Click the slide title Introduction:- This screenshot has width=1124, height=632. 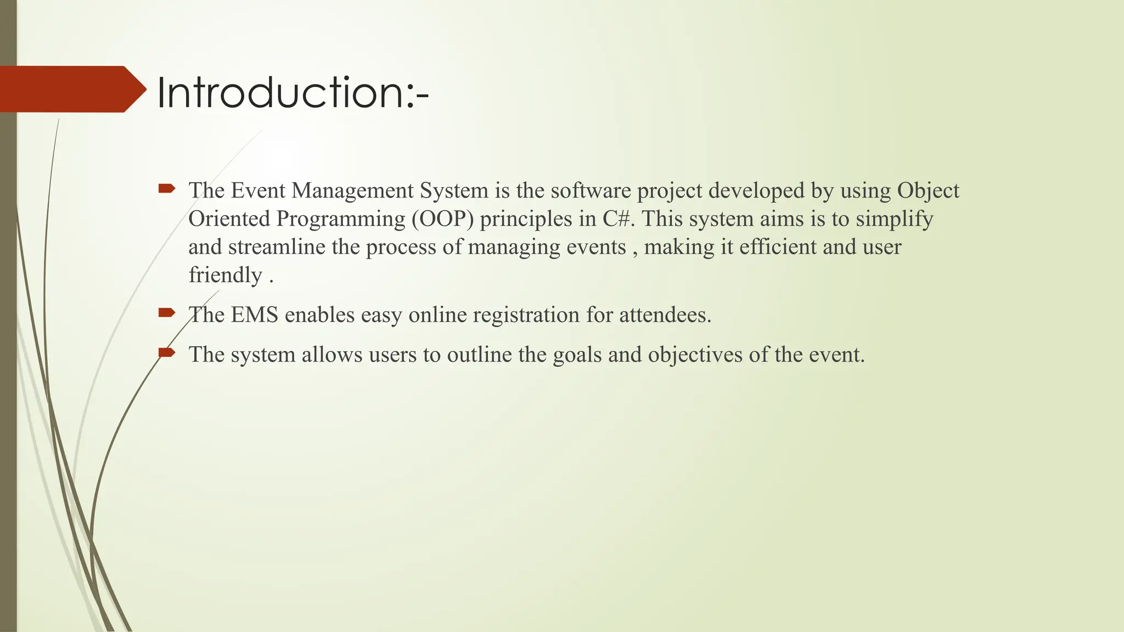coord(293,92)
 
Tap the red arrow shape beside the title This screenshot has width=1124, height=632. coord(71,89)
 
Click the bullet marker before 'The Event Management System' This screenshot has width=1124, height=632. coord(166,189)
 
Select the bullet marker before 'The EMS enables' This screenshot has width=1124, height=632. coord(166,313)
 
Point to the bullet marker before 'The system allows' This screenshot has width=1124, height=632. coord(166,352)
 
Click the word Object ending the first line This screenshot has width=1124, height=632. coord(928,191)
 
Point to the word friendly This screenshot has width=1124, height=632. coord(226,275)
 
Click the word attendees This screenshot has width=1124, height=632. coord(665,315)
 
